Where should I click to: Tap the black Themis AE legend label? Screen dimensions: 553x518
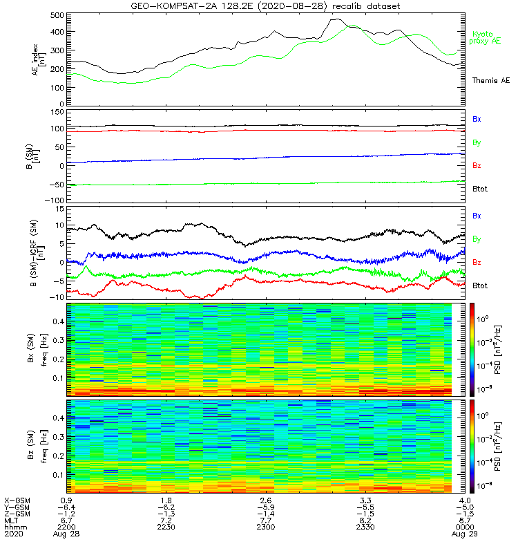click(x=490, y=81)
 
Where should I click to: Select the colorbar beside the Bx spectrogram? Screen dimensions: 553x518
click(x=474, y=348)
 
